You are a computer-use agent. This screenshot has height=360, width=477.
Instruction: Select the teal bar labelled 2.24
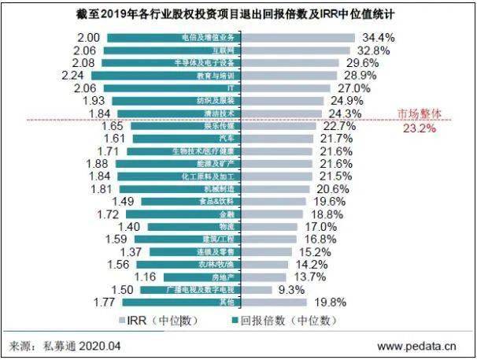pos(173,76)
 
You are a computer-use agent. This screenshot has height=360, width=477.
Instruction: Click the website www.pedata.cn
pos(417,346)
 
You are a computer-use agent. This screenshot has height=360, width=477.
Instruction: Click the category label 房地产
pos(220,277)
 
